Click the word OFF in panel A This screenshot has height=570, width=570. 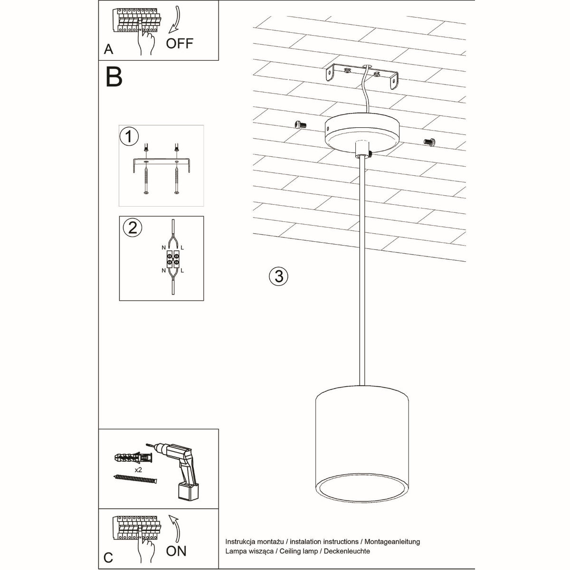180,43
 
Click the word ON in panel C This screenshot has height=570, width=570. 176,551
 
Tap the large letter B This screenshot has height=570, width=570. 114,76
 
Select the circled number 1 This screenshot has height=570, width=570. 129,136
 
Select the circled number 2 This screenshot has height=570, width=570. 132,228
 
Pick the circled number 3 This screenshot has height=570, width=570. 278,276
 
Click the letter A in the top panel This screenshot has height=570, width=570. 109,49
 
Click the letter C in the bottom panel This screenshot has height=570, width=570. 108,558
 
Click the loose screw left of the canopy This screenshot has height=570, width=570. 300,124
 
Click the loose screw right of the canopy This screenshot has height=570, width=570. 429,141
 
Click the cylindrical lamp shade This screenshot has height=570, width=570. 361,437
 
